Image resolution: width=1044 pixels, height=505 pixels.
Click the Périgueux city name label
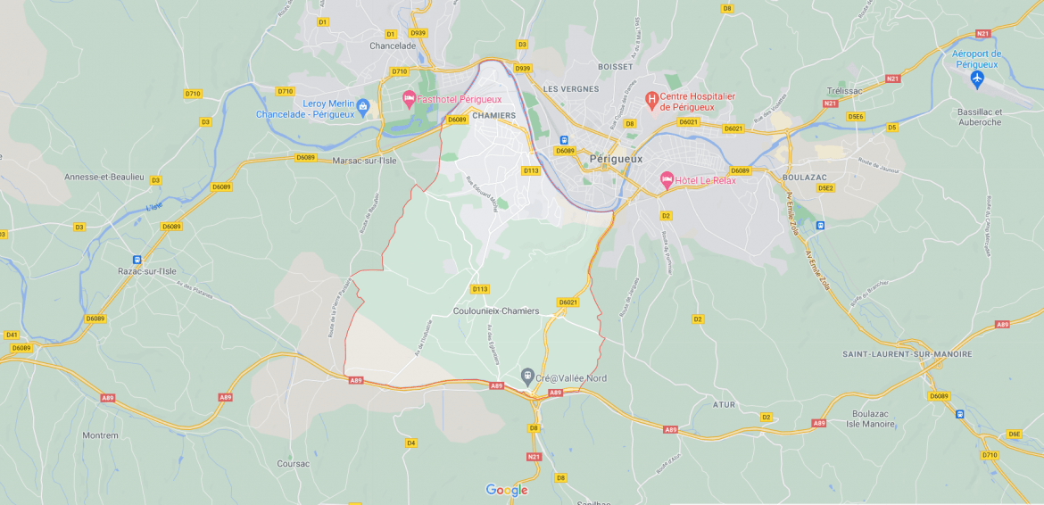616,159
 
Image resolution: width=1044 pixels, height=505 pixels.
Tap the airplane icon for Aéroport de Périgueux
977,80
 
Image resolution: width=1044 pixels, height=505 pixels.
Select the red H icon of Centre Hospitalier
651,97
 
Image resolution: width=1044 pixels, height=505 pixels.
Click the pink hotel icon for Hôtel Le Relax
666,179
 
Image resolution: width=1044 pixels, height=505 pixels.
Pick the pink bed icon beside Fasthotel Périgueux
409,99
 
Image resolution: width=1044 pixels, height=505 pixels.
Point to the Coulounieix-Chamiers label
496,311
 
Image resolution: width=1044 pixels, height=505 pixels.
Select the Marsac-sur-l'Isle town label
364,161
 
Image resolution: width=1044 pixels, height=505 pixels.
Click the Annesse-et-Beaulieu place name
104,177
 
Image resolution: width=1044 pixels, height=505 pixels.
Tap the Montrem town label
100,435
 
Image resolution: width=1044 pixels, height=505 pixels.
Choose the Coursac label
293,464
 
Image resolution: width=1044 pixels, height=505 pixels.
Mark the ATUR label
725,405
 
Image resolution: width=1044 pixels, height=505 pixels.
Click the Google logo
507,490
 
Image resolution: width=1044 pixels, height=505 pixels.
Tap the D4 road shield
410,443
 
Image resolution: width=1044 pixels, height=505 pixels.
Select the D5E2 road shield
825,188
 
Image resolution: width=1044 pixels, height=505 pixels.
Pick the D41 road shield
12,335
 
